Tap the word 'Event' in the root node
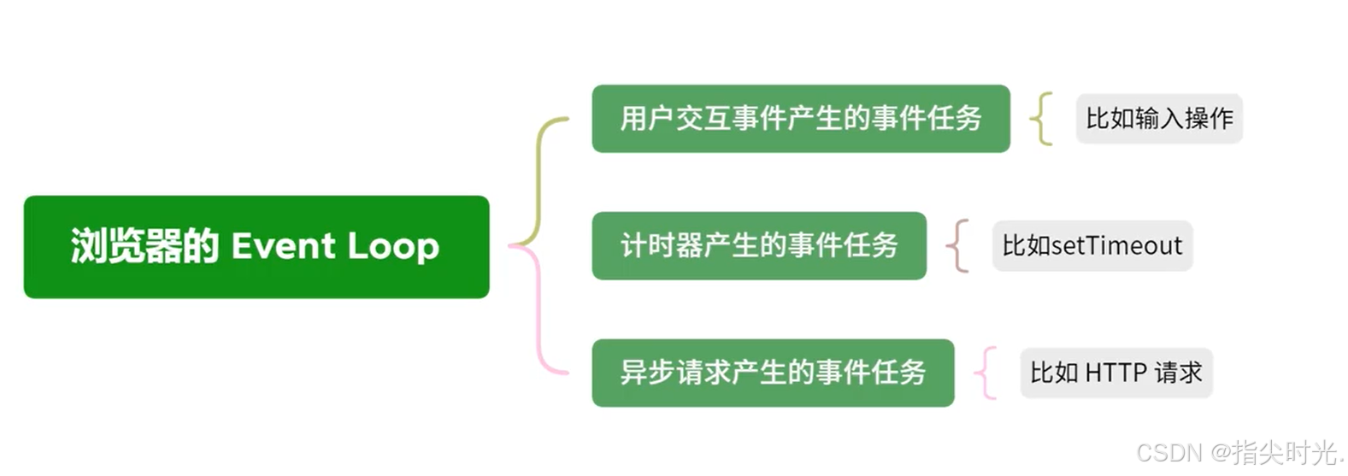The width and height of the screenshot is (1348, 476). pyautogui.click(x=283, y=246)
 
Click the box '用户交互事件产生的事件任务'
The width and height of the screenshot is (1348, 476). pyautogui.click(x=800, y=119)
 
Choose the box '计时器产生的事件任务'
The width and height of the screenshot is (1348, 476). pyautogui.click(x=758, y=246)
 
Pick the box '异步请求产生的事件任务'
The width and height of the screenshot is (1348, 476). pyautogui.click(x=772, y=373)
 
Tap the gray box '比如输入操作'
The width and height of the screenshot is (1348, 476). pyautogui.click(x=1158, y=119)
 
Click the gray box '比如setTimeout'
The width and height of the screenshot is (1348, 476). pyautogui.click(x=1092, y=246)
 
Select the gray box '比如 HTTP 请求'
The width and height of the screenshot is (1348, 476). pyautogui.click(x=1115, y=373)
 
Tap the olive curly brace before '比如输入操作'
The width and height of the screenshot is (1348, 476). pyautogui.click(x=1040, y=119)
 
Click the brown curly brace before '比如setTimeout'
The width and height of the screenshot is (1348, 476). pyautogui.click(x=957, y=246)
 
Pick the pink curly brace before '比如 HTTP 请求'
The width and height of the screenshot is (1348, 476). pyautogui.click(x=986, y=373)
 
